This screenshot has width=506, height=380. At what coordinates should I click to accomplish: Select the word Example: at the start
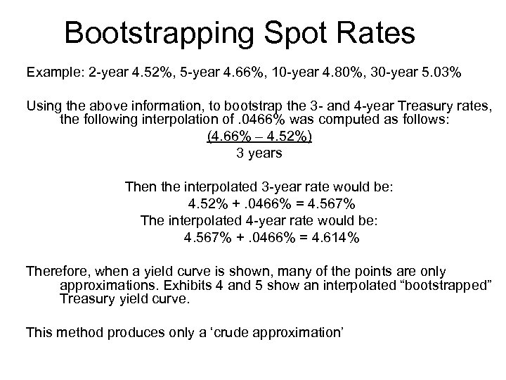point(54,72)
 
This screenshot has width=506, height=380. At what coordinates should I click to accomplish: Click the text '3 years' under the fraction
point(260,153)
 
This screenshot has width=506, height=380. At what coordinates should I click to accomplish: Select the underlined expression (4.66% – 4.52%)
point(260,137)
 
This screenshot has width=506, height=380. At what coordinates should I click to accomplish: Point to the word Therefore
point(58,272)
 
